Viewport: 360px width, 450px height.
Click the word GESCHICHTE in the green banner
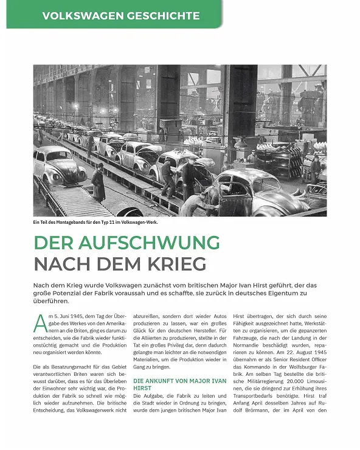(164, 15)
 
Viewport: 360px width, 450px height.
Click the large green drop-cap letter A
(40, 324)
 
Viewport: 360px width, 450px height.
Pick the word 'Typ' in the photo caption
(109, 221)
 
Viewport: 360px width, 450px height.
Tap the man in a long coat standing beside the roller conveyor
(99, 182)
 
